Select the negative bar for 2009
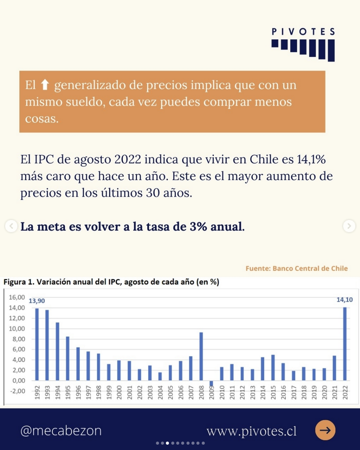[211, 383]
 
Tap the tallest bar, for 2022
[345, 344]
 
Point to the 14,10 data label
[344, 300]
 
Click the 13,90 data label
[37, 301]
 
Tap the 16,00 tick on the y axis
[16, 297]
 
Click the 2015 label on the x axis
[273, 392]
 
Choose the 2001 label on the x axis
[129, 392]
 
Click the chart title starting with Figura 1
[111, 282]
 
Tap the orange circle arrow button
[325, 430]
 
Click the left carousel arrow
[11, 226]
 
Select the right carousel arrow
[349, 226]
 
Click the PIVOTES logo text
[303, 32]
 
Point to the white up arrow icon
[45, 85]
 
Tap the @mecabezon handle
[61, 431]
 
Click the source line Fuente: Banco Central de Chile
[296, 268]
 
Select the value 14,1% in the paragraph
[311, 159]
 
